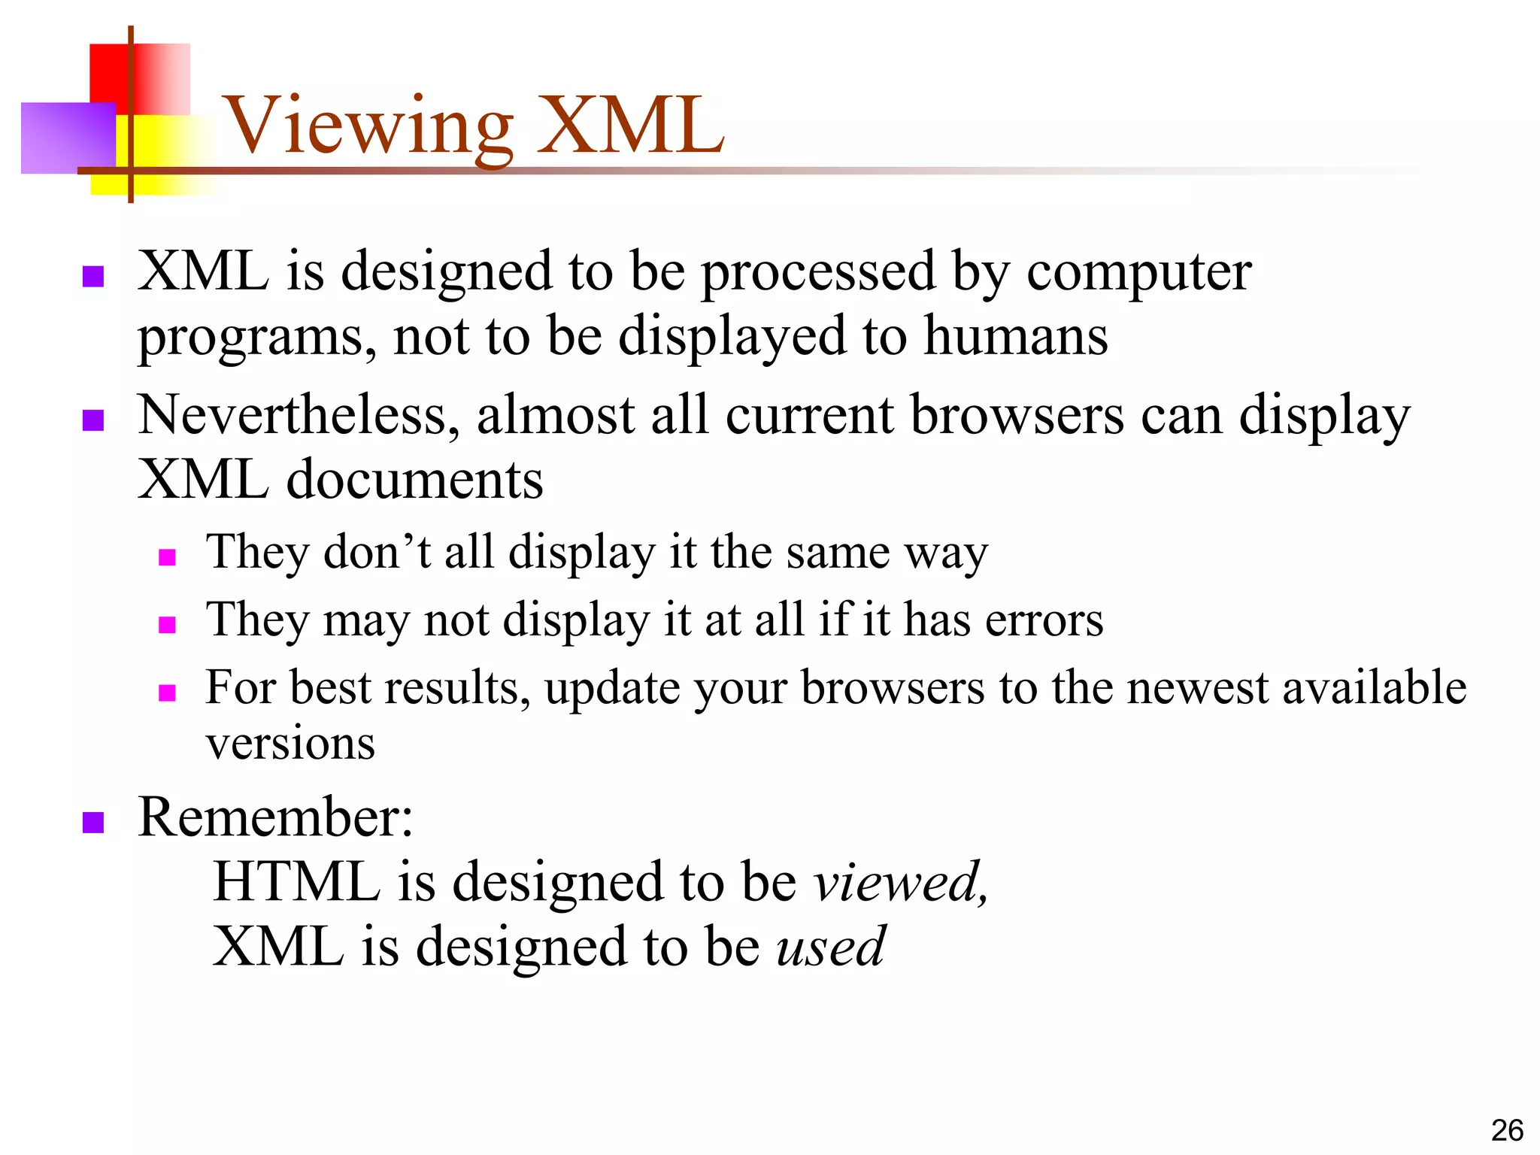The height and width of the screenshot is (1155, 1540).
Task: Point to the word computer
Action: [1138, 272]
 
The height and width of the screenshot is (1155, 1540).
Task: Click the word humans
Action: [1015, 336]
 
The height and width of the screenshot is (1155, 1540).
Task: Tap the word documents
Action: [414, 480]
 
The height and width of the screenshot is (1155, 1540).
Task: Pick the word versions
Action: [290, 744]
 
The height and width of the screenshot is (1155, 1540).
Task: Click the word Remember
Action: [274, 817]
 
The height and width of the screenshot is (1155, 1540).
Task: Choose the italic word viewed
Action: [899, 882]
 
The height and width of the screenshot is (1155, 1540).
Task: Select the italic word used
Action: [830, 947]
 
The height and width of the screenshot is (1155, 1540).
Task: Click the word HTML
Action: [296, 882]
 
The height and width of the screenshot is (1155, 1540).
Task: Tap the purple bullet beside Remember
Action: [92, 822]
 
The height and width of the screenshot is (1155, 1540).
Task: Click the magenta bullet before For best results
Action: [167, 693]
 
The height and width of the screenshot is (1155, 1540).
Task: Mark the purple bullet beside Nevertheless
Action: [92, 420]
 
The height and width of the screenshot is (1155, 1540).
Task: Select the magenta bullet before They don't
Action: [167, 557]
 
